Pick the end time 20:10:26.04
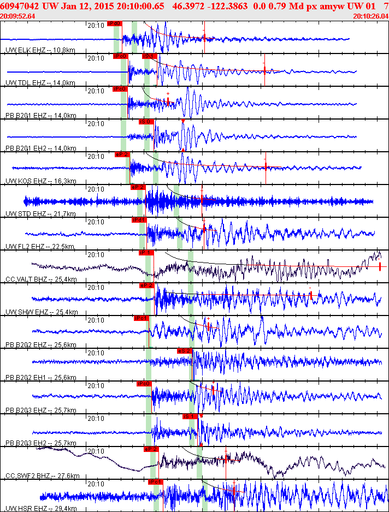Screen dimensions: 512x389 point(371,16)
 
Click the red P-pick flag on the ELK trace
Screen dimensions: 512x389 point(115,24)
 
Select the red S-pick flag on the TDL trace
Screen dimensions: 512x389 point(149,56)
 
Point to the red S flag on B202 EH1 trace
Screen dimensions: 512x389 point(185,351)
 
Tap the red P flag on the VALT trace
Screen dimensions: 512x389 point(146,253)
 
